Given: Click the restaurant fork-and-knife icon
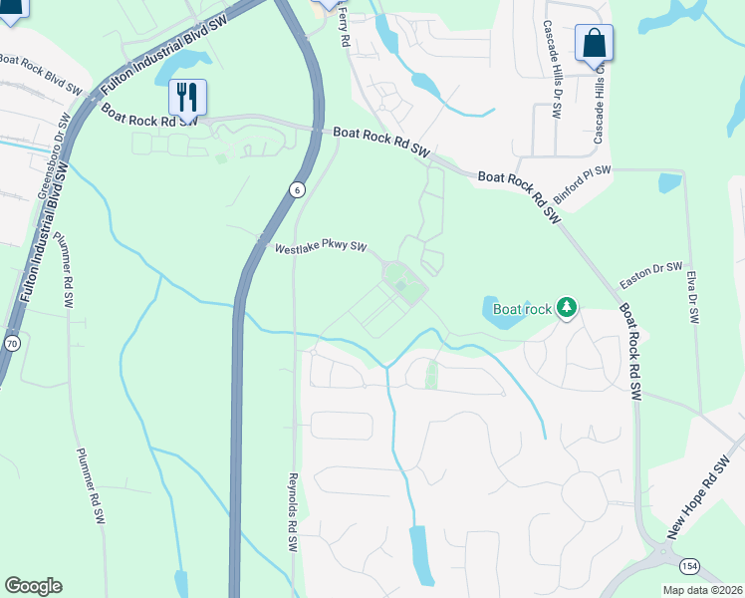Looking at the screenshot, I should [187, 97].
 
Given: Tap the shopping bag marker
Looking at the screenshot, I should [594, 45].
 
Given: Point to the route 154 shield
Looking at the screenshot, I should [688, 565].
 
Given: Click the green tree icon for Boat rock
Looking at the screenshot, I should [567, 308].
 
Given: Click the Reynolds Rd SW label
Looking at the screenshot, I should [294, 511].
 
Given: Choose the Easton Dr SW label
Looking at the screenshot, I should [650, 275].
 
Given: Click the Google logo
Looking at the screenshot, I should [34, 586].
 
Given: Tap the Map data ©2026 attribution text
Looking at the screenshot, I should [702, 590].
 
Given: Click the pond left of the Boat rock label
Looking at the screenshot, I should [502, 312].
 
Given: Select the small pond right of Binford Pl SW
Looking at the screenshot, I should [670, 183].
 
